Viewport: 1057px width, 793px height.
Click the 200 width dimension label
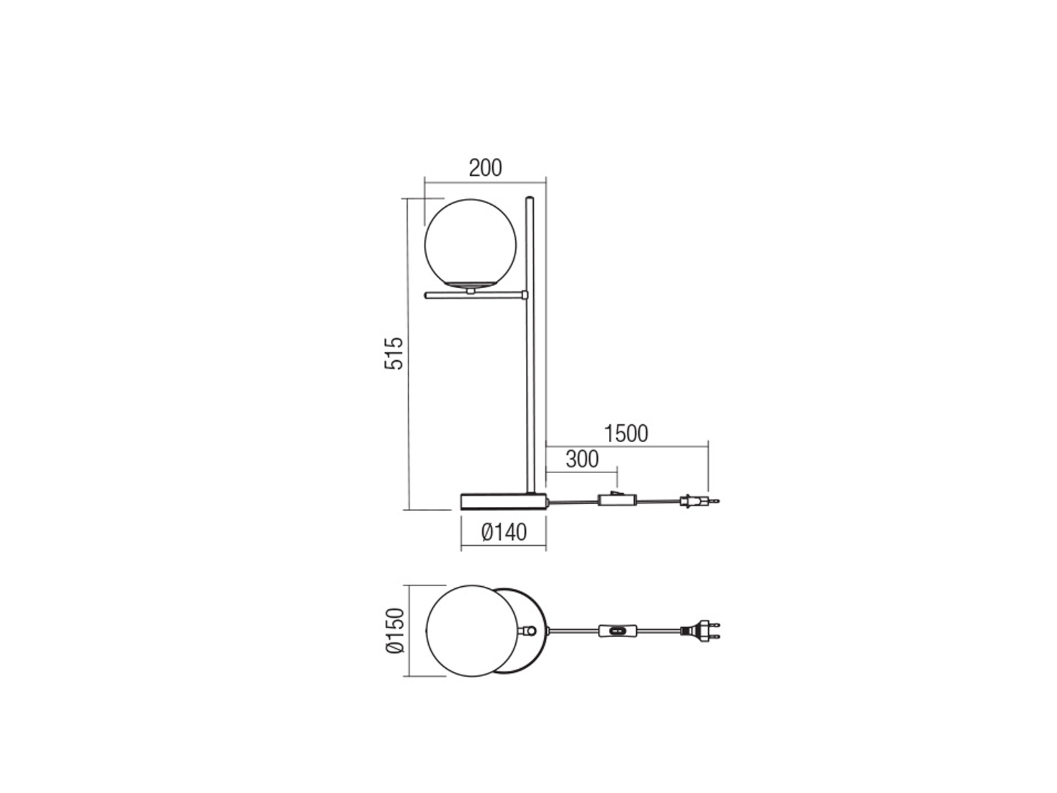click(485, 168)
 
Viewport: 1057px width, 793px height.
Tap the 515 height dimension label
click(394, 354)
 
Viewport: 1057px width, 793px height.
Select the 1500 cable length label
click(626, 434)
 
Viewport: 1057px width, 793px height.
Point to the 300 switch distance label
click(582, 459)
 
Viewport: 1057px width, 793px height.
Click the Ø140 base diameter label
click(503, 533)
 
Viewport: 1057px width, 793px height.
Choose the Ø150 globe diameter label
click(395, 630)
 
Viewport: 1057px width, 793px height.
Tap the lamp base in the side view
click(503, 501)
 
